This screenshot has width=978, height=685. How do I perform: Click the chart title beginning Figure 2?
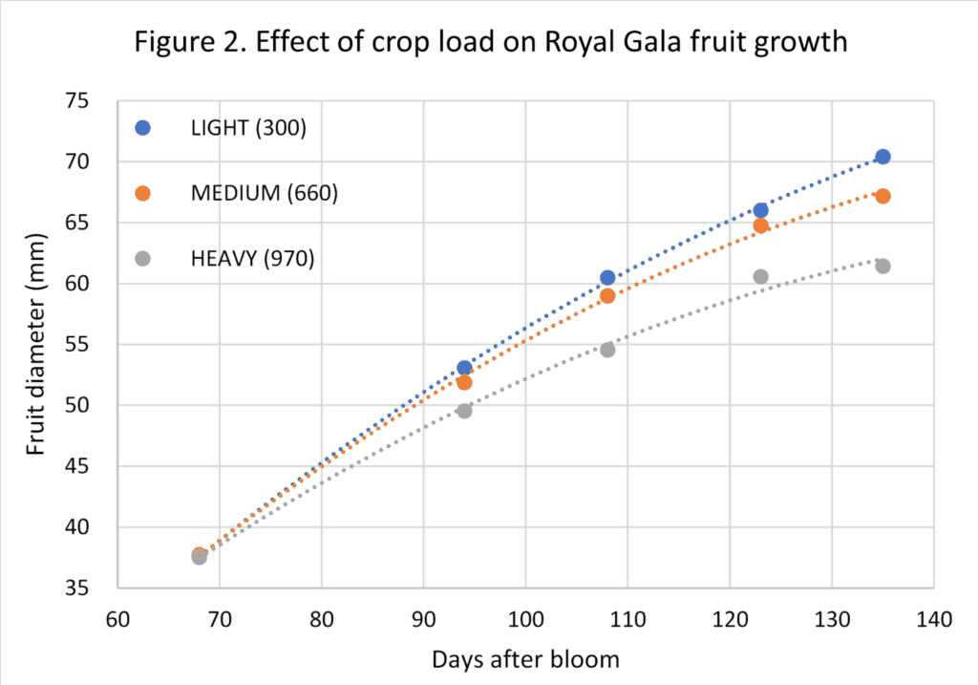[x=488, y=44]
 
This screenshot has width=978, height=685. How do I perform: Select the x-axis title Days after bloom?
[x=524, y=659]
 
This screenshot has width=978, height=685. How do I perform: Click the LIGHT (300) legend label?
[x=248, y=128]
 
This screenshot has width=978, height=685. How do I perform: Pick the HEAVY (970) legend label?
[x=252, y=258]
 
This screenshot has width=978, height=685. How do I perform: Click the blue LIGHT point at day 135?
[x=882, y=157]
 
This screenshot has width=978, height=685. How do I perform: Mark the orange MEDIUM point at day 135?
[x=882, y=196]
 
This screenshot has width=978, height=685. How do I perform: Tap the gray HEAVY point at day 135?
[x=882, y=266]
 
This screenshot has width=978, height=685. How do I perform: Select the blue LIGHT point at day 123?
[x=760, y=210]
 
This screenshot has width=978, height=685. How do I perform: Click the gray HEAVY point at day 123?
[x=760, y=277]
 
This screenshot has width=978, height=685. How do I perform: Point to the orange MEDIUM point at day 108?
[x=607, y=296]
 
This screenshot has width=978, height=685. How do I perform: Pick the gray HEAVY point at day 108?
[x=607, y=350]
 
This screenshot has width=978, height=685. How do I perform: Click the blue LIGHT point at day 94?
[x=464, y=368]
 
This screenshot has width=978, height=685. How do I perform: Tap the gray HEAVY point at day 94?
[x=464, y=411]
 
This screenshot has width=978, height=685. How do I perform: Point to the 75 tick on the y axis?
[x=88, y=101]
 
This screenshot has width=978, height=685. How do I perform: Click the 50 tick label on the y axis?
[x=88, y=405]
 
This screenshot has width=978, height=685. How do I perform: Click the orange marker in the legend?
[x=143, y=193]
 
